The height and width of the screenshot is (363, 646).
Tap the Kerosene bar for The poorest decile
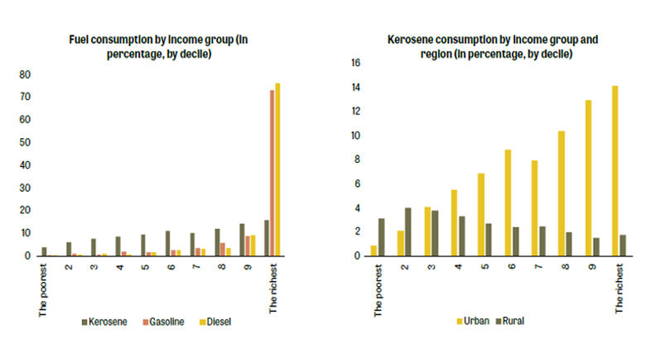click(44, 251)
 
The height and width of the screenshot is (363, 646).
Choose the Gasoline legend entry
click(162, 321)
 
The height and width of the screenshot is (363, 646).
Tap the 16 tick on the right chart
click(356, 63)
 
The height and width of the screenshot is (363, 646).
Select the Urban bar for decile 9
click(588, 178)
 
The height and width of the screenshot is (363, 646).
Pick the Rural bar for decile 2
click(408, 232)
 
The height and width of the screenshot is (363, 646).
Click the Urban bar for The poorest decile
click(374, 251)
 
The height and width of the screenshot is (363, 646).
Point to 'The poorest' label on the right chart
click(378, 291)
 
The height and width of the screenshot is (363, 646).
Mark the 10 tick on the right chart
click(356, 136)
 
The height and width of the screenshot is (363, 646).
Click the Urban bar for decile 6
click(508, 203)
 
